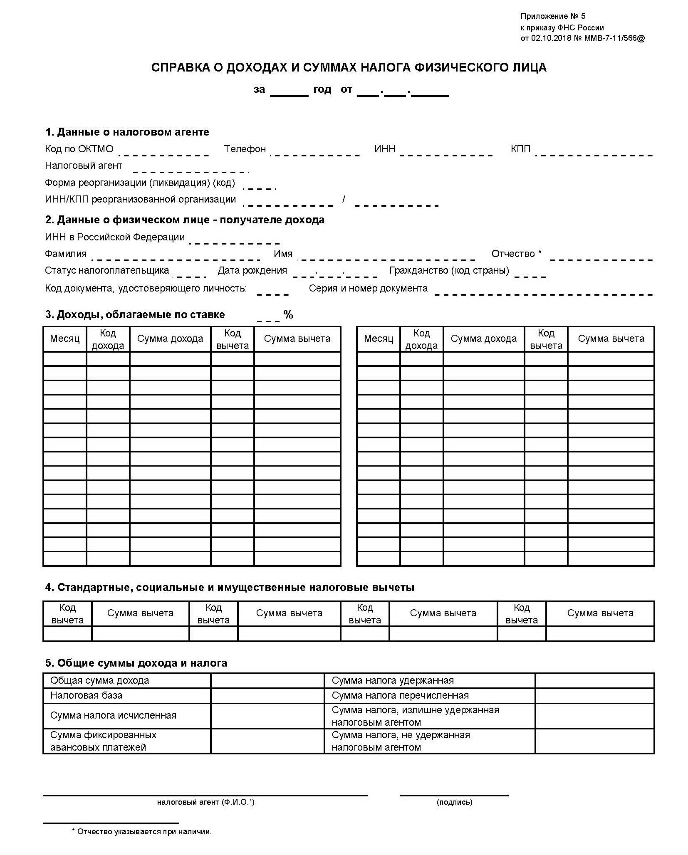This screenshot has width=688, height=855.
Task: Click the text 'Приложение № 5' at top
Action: [552, 16]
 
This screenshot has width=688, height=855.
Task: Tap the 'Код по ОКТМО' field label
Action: [79, 149]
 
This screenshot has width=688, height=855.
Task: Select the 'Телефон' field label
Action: [245, 149]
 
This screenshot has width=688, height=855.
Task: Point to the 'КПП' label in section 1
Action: [520, 149]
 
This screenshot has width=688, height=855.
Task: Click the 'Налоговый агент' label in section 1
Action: [84, 166]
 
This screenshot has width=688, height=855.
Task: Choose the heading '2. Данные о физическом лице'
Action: [185, 220]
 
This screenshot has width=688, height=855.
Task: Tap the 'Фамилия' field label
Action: [66, 254]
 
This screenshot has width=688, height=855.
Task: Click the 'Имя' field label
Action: [283, 254]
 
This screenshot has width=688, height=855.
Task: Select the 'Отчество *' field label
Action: [516, 254]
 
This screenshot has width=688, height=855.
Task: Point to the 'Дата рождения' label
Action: [252, 271]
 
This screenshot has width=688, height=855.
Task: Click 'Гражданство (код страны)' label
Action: [449, 271]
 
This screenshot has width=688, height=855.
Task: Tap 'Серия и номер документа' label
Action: [368, 289]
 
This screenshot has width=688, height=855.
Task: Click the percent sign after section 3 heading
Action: [288, 315]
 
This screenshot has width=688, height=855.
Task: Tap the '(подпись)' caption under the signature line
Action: [454, 802]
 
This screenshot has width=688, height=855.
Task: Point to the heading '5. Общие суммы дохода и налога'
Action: [136, 663]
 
